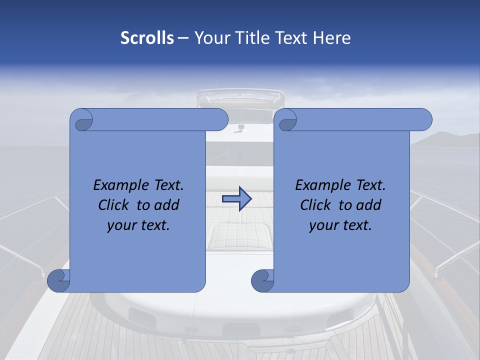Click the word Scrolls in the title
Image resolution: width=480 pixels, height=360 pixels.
[147, 38]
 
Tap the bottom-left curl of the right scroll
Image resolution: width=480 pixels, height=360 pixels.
[263, 280]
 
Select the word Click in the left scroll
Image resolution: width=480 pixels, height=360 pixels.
[114, 205]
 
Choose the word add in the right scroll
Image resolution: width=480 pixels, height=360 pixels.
[369, 205]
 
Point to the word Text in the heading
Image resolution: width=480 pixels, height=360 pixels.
[292, 38]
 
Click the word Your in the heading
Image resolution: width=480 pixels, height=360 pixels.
[212, 38]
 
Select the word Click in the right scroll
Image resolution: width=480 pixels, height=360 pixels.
[316, 205]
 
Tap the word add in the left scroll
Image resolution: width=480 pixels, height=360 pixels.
[167, 205]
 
